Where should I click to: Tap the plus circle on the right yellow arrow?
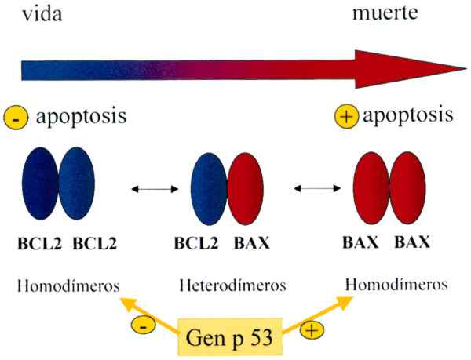(x=312, y=330)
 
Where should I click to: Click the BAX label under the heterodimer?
(x=251, y=244)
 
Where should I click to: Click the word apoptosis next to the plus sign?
(x=407, y=117)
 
